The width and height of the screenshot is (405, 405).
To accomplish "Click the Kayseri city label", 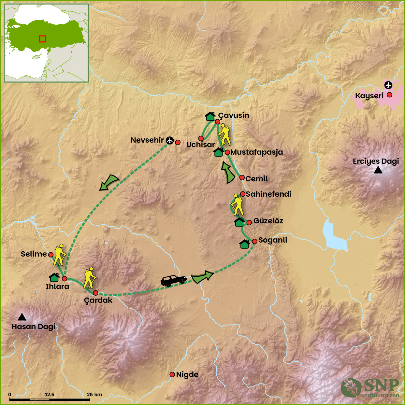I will pos(369,96).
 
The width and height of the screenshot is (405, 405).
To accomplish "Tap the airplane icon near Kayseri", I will pos(388,85).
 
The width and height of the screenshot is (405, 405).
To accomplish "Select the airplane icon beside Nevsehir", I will pos(170,140).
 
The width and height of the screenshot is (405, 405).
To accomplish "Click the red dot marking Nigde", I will pos(172,375).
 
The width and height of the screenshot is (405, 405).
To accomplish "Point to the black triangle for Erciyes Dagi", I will pos(378,170).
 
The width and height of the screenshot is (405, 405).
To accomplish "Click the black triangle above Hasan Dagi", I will pos(22,317).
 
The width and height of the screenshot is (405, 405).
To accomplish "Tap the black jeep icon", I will pos(174,281).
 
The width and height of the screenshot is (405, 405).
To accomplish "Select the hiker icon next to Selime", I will pos(59,255).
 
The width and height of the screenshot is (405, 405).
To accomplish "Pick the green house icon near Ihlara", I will pos(54,277).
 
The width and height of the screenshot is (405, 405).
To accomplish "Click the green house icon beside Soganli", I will pos(245,244).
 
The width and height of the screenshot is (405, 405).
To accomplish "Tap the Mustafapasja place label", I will pos(256,152).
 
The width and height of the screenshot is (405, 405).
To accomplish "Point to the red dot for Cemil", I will pos(242,177).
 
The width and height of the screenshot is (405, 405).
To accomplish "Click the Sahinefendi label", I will pos(268,194).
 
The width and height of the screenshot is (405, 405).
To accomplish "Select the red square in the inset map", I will pos(42,39).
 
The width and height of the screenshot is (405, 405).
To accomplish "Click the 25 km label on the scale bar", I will pos(94,395).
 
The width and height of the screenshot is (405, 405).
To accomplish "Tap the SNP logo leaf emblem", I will pos(351,387).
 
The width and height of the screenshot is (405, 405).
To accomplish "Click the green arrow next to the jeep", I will pos(202,277).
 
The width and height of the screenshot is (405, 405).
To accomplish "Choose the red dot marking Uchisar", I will pos(201,138).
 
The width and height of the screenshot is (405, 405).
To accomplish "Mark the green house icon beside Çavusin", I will pos(210,116).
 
